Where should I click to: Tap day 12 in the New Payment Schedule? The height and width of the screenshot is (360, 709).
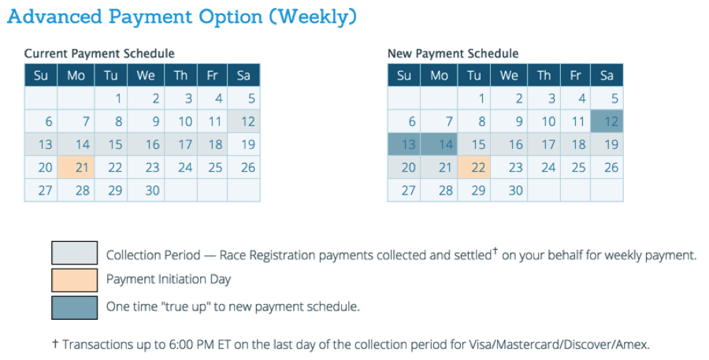(607, 121)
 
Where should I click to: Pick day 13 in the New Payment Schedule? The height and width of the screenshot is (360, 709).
(404, 144)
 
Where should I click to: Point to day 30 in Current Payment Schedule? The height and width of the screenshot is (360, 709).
(152, 190)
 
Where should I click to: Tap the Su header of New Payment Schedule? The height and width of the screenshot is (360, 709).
(404, 76)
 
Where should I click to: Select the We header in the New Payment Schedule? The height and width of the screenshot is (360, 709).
(509, 76)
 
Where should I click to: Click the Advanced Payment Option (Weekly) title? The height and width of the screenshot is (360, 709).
(182, 17)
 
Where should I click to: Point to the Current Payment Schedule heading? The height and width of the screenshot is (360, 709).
(99, 54)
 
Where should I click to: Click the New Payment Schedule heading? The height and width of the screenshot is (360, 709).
(453, 54)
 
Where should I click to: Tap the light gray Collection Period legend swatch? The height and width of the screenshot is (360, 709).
(75, 254)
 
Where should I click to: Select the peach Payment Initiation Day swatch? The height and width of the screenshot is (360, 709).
(75, 280)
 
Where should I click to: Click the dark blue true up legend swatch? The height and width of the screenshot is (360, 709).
(75, 306)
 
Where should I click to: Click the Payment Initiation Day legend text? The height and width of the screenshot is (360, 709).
(169, 280)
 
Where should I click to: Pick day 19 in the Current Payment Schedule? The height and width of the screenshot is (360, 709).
(247, 144)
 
